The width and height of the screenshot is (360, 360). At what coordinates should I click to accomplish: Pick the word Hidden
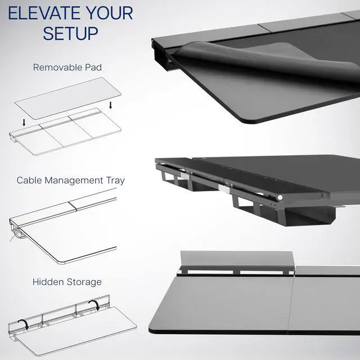tap(49, 282)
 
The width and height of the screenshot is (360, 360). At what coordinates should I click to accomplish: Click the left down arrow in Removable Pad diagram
tap(24, 123)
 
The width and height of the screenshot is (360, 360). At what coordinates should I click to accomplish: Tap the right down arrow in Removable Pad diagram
tap(111, 105)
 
